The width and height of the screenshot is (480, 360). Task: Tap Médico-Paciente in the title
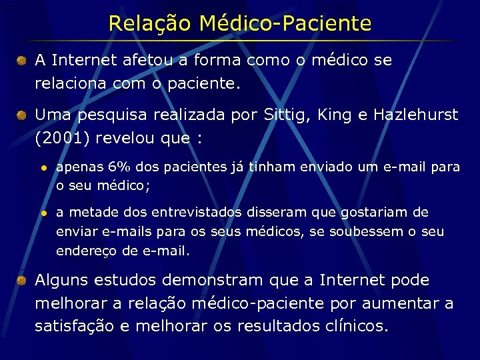285,24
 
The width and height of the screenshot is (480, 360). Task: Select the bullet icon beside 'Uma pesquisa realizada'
22,116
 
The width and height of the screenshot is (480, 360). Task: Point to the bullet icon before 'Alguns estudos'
22,281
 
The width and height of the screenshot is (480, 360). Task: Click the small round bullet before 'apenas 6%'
43,167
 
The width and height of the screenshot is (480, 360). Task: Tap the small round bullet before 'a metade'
43,213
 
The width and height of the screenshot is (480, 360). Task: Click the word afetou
146,61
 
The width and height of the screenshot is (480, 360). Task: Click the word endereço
81,252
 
